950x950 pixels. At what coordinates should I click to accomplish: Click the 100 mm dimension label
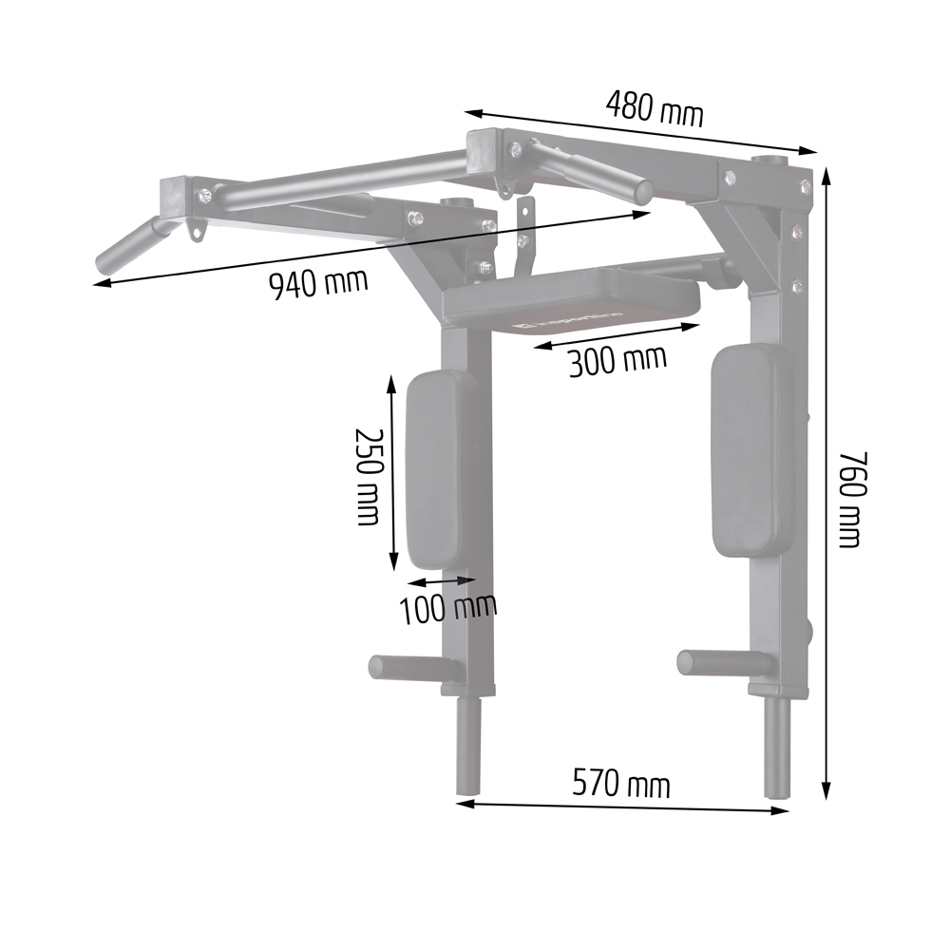(x=447, y=608)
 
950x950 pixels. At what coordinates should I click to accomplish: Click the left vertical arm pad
(x=439, y=469)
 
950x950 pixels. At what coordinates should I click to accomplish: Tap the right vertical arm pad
(x=751, y=450)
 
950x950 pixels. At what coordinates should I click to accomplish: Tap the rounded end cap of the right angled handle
(x=642, y=191)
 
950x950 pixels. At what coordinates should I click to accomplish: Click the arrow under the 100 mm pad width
(x=440, y=579)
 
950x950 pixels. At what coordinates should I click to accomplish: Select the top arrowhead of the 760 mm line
(x=826, y=176)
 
